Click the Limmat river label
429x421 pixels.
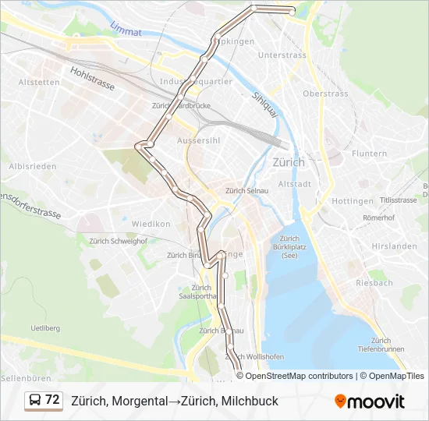126,32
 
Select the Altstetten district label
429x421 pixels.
39,82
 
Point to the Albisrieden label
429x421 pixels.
32,166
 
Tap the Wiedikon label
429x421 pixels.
151,224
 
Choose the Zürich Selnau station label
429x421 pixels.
246,190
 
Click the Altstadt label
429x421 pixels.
295,184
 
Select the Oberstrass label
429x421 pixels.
325,94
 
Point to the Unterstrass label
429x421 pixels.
282,55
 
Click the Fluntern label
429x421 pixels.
369,154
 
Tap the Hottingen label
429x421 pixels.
353,200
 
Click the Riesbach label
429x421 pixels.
374,283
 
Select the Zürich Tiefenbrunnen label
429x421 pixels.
381,345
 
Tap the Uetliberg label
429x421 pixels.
44,328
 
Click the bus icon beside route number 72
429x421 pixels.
35,401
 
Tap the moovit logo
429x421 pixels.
370,402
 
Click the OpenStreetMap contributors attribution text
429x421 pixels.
300,376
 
